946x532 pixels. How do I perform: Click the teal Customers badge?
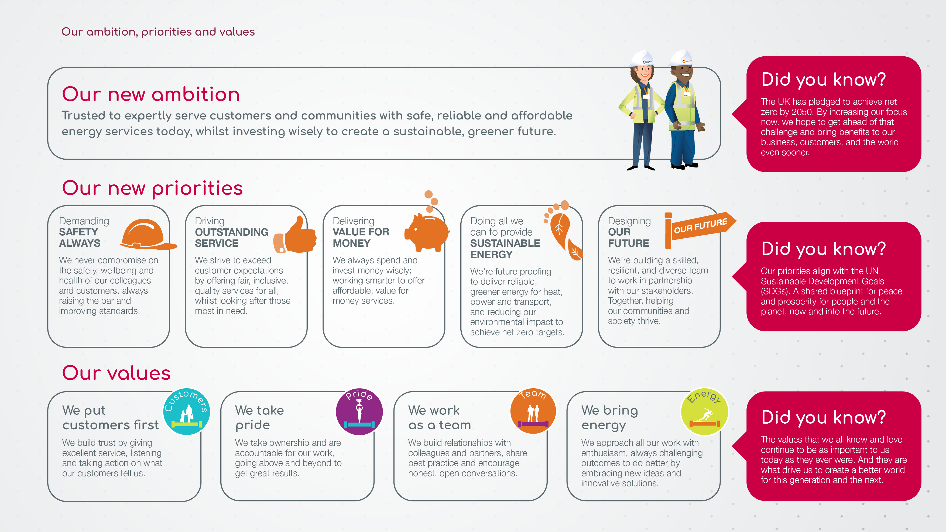187,411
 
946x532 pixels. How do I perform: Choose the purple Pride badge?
359,411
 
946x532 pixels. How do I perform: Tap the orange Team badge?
533,411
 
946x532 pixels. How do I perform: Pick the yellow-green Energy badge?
704,411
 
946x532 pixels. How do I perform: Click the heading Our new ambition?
151,94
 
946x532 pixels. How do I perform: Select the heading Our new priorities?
152,189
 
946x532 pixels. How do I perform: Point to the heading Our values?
116,373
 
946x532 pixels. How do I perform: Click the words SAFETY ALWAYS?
80,238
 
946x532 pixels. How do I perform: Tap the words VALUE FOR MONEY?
361,238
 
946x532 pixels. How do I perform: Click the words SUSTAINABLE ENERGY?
505,249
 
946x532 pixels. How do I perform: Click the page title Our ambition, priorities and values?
158,32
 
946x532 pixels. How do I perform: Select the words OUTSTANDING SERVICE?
231,238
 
